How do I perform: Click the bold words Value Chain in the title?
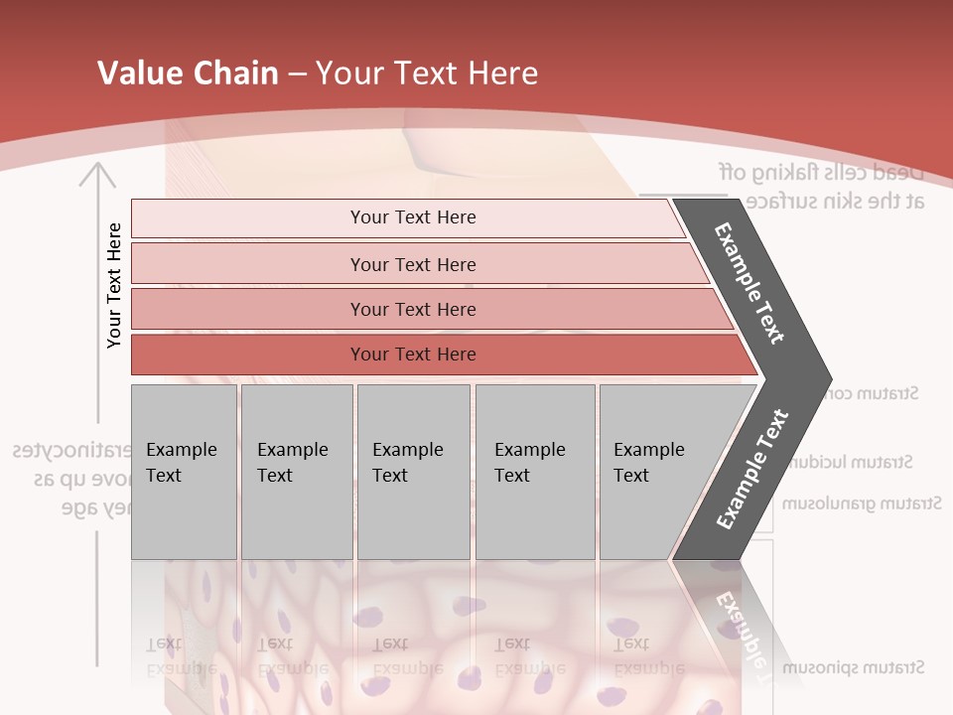[x=188, y=73]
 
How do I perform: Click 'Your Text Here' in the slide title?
[x=427, y=73]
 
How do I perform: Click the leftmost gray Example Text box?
[x=184, y=472]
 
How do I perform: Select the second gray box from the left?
[x=297, y=472]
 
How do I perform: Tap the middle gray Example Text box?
[x=413, y=472]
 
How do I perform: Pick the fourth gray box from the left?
[x=535, y=472]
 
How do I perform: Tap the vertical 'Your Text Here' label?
[x=114, y=285]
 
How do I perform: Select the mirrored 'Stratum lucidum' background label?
[x=854, y=462]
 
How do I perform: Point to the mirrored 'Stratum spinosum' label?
[x=853, y=666]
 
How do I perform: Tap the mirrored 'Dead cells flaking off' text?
[x=822, y=172]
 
